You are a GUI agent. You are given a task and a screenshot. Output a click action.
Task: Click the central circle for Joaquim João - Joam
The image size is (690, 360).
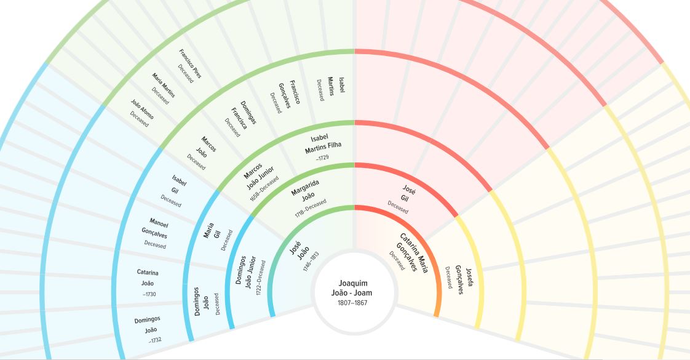353,289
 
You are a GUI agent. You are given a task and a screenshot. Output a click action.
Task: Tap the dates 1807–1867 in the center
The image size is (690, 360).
353,303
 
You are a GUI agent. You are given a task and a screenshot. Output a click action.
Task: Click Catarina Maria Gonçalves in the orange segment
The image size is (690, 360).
410,252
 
